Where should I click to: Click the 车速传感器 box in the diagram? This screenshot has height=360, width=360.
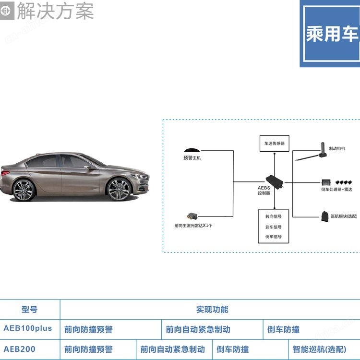click(274, 143)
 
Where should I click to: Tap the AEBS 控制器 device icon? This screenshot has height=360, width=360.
click(275, 180)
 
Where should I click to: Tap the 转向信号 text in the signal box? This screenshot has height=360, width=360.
click(274, 216)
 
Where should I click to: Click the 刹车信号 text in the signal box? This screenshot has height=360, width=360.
click(274, 227)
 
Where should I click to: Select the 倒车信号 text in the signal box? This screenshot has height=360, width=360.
click(274, 237)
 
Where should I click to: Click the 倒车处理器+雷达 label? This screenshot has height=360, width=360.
click(336, 190)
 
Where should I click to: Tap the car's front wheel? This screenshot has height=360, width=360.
click(119, 189)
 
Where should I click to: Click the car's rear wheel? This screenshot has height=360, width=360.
click(24, 190)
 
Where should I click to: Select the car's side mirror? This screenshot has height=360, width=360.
click(88, 168)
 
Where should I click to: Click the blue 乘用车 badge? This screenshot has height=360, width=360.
click(332, 34)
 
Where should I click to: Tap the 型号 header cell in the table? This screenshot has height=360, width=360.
click(29, 310)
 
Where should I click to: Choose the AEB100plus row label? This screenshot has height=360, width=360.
click(28, 329)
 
